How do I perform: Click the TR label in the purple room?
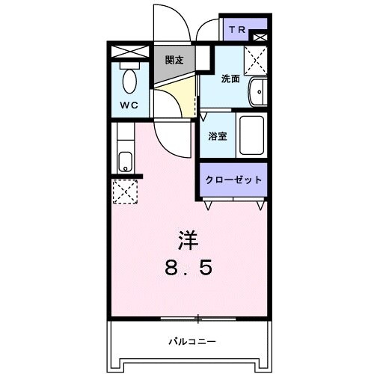coord(236,30)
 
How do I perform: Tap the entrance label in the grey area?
coord(175,60)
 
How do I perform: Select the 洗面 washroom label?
coord(230,79)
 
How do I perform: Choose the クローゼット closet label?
coord(233,180)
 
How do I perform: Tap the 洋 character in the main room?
coord(188,240)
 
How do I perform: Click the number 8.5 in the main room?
coord(188,267)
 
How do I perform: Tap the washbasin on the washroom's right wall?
coord(257,92)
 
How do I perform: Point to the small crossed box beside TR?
coord(260,35)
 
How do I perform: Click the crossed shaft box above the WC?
coord(131,52)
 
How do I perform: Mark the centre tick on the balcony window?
coord(197,319)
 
